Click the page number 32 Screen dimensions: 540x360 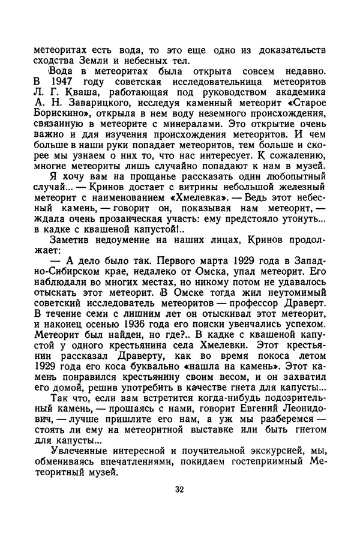179,489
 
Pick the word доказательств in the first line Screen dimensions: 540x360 292,47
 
